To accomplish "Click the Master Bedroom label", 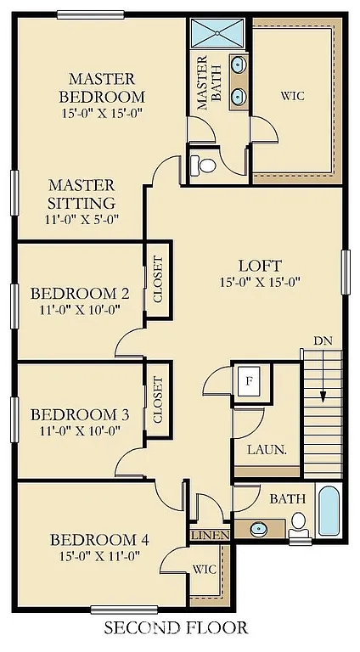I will (102, 87).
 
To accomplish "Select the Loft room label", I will (260, 266).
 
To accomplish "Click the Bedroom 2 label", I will (80, 294).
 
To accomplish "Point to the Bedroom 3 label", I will (80, 415).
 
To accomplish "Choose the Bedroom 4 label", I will (93, 540).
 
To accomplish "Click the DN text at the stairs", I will (323, 340).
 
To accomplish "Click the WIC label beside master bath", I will (293, 97).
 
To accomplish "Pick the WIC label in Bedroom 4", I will (204, 568).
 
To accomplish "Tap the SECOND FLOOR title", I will (176, 629).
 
